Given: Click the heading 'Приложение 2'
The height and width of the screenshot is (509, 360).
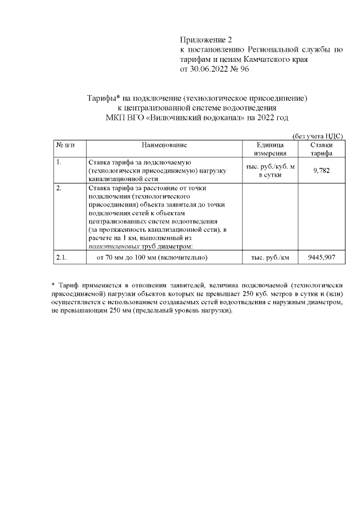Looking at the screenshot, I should pos(205,40).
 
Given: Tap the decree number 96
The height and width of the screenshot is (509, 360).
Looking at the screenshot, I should pos(244,69).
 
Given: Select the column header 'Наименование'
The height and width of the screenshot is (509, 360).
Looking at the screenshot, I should pos(164,145).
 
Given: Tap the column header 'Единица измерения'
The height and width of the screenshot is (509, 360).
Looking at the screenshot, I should pos(271,149).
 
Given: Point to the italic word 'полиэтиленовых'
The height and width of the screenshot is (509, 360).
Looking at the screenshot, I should pos(109,246).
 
